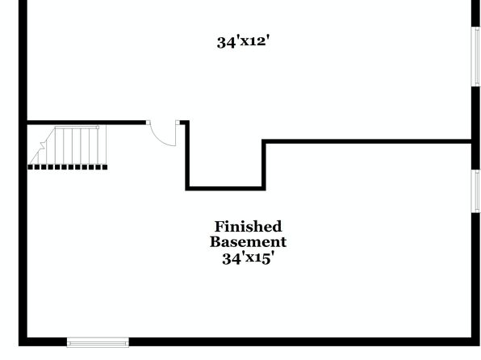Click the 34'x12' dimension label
click(x=243, y=41)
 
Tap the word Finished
click(x=248, y=227)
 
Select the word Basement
click(x=248, y=242)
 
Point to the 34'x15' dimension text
click(x=248, y=258)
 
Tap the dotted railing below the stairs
click(x=68, y=167)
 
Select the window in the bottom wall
click(x=98, y=342)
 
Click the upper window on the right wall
click(x=476, y=57)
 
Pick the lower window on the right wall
click(x=476, y=190)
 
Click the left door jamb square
click(x=148, y=123)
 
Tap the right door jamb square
click(x=178, y=123)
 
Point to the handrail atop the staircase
click(x=77, y=127)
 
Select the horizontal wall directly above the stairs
click(x=86, y=123)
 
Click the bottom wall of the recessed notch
click(x=225, y=188)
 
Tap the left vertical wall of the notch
click(x=187, y=156)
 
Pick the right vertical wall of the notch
click(x=264, y=165)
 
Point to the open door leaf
click(x=176, y=135)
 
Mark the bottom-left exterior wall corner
click(x=23, y=342)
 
